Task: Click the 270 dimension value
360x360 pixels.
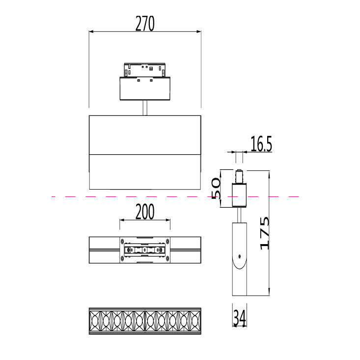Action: [145, 24]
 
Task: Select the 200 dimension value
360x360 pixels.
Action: [145, 212]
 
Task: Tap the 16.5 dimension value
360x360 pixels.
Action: [261, 144]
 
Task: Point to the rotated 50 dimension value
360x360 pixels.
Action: [216, 188]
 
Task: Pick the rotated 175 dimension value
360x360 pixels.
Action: [265, 233]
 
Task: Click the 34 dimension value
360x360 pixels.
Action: [240, 318]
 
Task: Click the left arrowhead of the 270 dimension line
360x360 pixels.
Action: [91, 31]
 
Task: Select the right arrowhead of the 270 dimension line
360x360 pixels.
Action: [198, 31]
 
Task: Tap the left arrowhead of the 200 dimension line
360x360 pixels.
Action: [122, 220]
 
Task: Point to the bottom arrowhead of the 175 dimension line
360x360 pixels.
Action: [269, 293]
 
